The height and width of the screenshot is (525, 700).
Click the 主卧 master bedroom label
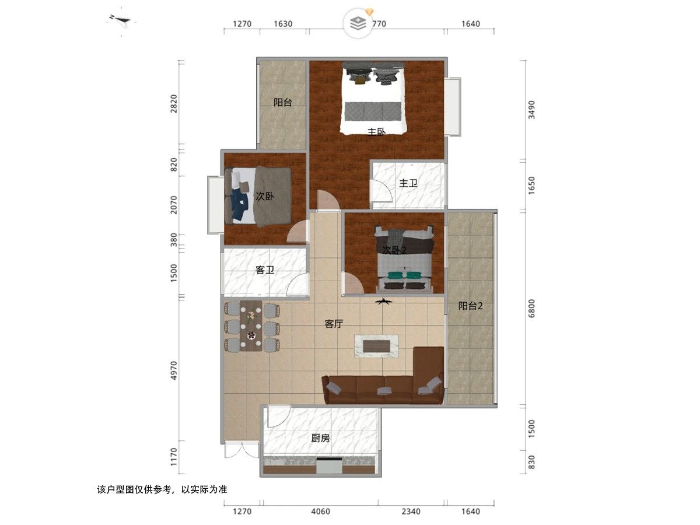[376, 132]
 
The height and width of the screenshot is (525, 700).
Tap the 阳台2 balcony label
[470, 306]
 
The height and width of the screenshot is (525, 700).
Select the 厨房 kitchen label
[320, 437]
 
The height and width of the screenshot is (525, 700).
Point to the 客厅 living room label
[334, 324]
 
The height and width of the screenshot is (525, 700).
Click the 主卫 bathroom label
[408, 183]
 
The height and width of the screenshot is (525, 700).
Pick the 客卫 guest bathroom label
[265, 270]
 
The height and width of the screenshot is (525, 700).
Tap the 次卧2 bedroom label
[394, 250]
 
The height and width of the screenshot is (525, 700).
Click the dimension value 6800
[531, 309]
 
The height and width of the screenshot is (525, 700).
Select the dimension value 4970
[174, 370]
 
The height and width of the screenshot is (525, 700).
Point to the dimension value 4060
[320, 512]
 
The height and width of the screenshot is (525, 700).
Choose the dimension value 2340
[411, 512]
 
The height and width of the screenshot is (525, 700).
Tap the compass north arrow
[123, 21]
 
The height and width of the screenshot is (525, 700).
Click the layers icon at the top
[358, 23]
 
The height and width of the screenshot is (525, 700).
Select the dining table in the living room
[252, 327]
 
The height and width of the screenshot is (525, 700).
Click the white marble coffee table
[376, 345]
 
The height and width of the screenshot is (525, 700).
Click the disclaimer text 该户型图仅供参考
[161, 490]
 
